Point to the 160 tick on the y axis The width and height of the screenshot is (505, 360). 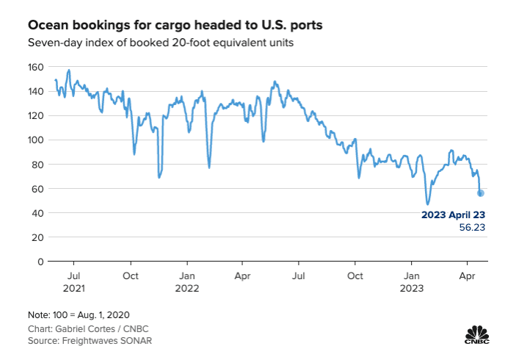(36, 67)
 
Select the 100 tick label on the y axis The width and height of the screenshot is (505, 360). (36, 140)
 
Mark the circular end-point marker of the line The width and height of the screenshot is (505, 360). (481, 193)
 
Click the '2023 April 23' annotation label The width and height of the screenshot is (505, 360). (453, 215)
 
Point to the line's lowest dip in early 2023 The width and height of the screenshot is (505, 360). (427, 204)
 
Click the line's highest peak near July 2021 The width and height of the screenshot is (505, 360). (69, 71)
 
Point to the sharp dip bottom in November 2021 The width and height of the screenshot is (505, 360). (159, 177)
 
